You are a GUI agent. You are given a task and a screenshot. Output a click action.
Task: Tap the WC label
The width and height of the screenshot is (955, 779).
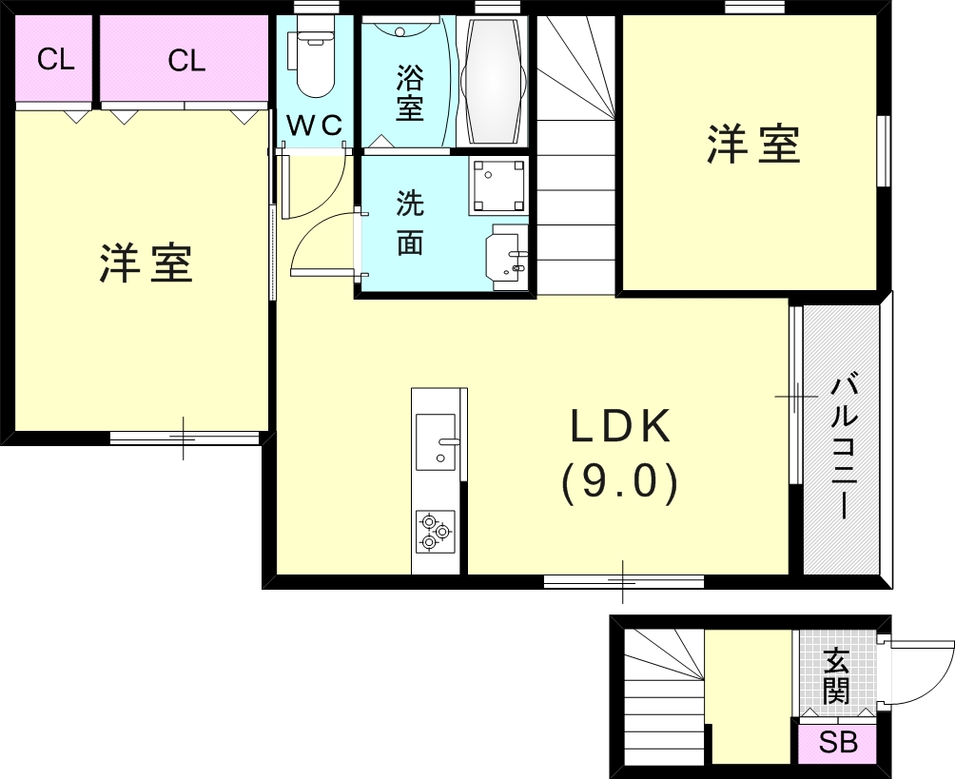coord(314,127)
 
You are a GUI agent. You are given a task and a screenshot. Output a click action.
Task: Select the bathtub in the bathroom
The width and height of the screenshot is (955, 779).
coord(493,81)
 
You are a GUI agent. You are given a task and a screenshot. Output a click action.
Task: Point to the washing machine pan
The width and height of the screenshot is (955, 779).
coord(498,185)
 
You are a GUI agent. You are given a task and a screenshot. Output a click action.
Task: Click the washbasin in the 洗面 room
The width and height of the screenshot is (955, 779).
coord(507,255)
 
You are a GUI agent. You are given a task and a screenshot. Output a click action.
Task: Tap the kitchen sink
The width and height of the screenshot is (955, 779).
coord(436,442)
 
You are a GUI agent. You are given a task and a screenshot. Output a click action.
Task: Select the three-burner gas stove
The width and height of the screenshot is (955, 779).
coord(436,532)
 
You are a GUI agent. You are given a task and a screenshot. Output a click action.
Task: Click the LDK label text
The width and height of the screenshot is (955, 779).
coord(620,426)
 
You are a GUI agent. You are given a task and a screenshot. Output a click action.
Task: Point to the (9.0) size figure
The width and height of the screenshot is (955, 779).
coord(619,483)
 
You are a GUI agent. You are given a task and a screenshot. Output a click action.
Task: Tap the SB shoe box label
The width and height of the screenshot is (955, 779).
coord(838,742)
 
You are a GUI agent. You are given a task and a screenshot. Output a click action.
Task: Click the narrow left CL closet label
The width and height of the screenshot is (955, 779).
coord(55,60)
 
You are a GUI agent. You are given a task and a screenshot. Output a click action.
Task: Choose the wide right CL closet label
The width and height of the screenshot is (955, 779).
coord(186,61)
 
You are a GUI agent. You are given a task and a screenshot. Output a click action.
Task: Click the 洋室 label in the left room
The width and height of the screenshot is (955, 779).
coord(146,263)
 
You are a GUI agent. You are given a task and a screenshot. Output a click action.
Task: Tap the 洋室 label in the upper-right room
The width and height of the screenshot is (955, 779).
coord(753,145)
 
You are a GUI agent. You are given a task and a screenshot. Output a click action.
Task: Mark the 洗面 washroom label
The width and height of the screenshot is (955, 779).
coord(410,223)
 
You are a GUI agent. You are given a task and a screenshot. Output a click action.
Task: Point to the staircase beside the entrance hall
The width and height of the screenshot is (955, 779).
coord(664,696)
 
